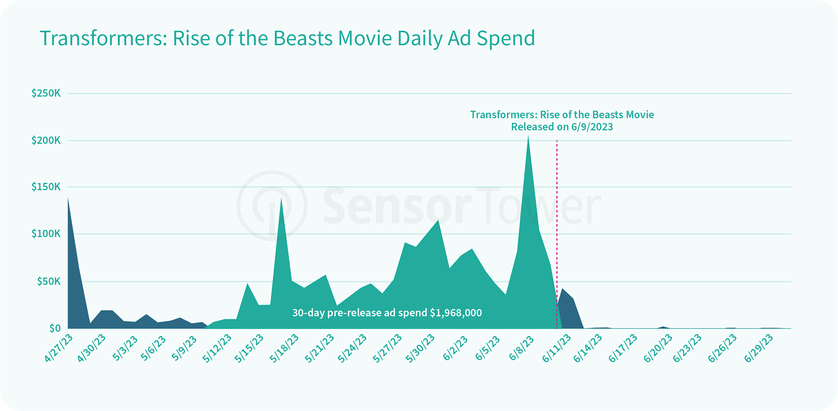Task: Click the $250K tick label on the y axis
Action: pos(46,93)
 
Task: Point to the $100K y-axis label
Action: pos(46,234)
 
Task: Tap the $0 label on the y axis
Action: pos(55,328)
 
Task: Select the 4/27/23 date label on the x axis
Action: pos(59,348)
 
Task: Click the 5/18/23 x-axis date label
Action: pos(284,348)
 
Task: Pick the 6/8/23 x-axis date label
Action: pos(521,348)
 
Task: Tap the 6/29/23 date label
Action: pos(758,348)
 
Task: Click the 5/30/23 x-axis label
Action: pos(420,348)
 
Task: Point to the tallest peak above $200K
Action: pos(528,137)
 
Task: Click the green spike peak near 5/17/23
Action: pos(281,199)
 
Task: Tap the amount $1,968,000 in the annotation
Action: pos(456,313)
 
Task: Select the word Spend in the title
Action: pos(506,38)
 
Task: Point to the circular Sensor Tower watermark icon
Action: pos(272,205)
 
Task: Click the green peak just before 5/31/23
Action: pos(438,221)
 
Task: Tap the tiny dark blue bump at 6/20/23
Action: pos(663,327)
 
